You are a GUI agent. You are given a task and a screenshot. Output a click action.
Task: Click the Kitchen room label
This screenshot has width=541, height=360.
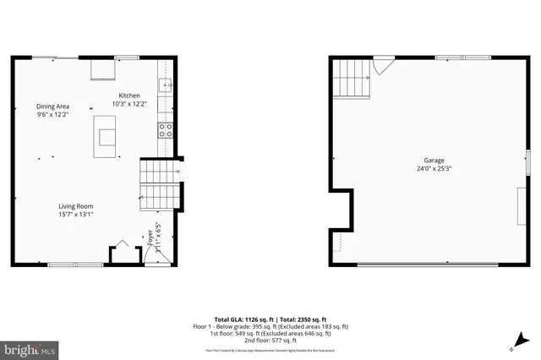click(129, 95)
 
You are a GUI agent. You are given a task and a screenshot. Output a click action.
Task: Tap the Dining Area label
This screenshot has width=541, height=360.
click(52, 106)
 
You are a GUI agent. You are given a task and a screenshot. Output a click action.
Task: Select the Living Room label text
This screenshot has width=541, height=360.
click(75, 206)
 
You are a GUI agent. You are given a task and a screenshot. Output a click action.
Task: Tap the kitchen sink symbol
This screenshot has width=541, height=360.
click(166, 85)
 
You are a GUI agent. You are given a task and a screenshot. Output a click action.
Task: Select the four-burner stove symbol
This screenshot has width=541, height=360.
click(166, 130)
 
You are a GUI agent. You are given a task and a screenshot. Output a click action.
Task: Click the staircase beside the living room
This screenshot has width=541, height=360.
click(156, 186)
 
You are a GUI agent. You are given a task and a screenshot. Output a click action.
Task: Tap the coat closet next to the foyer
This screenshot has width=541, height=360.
click(122, 254)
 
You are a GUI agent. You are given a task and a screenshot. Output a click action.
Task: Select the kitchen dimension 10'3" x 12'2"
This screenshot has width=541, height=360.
click(129, 104)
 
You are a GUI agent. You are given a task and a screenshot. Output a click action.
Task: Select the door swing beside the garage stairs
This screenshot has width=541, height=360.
click(385, 64)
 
